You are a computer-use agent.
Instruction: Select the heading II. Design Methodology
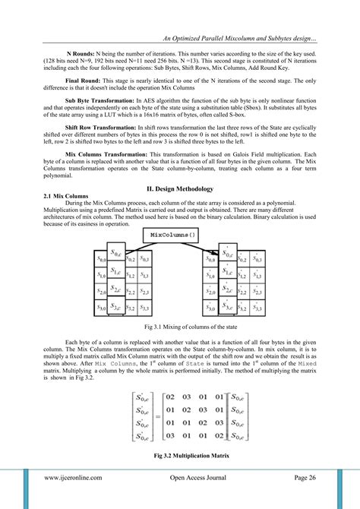tap(180, 188)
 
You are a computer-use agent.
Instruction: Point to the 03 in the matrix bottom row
tap(171, 435)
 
